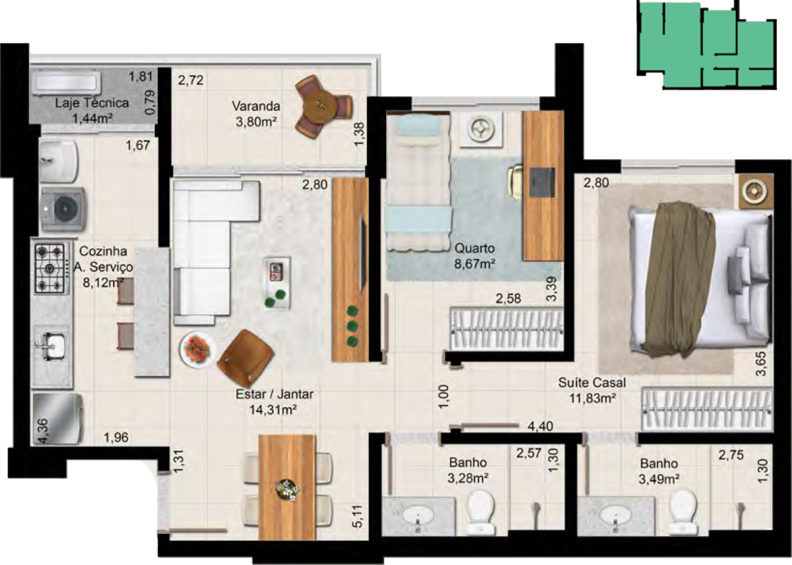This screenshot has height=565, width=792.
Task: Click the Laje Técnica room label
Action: click(92, 103)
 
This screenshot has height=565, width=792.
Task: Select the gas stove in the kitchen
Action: click(50, 269)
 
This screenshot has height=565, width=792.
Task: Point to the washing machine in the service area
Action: click(63, 209)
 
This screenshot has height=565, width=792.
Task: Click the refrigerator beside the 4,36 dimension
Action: click(57, 419)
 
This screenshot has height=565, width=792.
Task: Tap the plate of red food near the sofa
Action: click(197, 349)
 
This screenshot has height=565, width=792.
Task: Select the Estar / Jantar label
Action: click(275, 394)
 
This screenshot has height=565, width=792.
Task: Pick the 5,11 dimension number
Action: click(358, 516)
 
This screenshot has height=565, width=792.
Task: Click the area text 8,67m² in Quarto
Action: click(475, 264)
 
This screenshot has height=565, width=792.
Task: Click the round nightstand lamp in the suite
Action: click(754, 191)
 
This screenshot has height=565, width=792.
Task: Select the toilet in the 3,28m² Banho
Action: click(480, 512)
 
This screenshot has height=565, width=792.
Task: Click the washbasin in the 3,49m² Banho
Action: click(616, 514)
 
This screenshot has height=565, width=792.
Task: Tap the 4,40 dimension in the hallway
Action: click(541, 426)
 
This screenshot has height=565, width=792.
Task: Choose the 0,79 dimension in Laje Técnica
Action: click(150, 102)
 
